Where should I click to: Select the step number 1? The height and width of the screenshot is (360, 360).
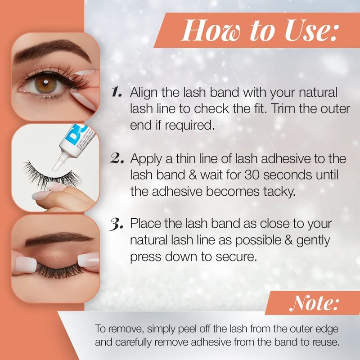pos(116,92)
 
